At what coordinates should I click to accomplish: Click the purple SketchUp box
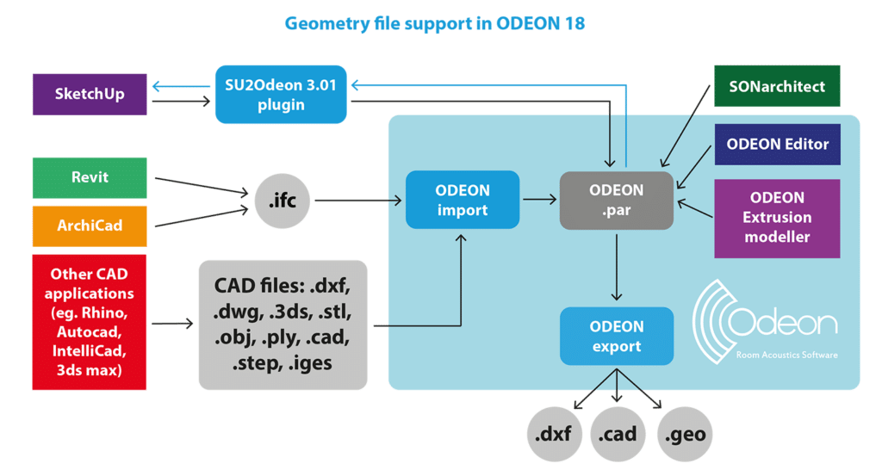(x=90, y=94)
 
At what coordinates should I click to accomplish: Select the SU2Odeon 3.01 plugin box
(x=282, y=94)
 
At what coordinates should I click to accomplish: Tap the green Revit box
(x=90, y=177)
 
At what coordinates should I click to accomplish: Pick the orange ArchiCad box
(x=90, y=226)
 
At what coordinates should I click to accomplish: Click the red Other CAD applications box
(x=90, y=321)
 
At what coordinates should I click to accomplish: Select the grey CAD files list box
(x=283, y=325)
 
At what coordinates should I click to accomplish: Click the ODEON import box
(x=463, y=200)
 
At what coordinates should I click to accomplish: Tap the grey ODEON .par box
(x=616, y=200)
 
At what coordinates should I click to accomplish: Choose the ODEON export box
(x=616, y=336)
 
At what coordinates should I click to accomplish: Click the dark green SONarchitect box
(x=775, y=87)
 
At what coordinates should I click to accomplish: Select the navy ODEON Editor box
(x=777, y=144)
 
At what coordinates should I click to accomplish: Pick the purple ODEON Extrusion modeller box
(x=777, y=219)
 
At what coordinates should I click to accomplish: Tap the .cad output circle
(x=619, y=434)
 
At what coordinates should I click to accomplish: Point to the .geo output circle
(x=686, y=434)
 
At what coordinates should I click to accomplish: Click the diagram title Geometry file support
(x=434, y=24)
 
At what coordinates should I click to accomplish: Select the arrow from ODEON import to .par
(x=539, y=200)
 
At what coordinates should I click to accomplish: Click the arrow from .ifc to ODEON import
(x=357, y=201)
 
